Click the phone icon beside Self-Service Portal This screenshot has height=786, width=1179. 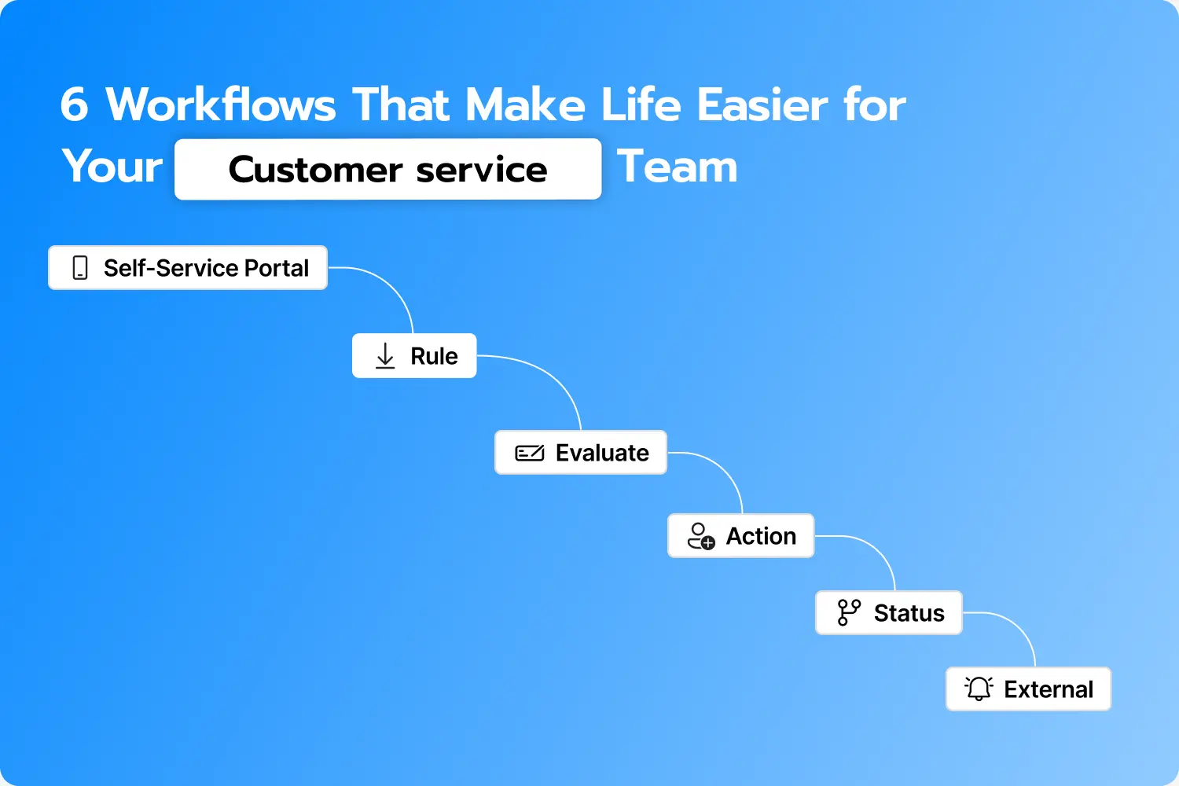[80, 268]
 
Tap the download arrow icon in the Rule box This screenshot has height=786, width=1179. [385, 356]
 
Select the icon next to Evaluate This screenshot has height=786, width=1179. [530, 454]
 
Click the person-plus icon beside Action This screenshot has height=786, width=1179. [701, 536]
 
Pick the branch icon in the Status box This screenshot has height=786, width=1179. [849, 612]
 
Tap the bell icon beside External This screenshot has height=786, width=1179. [979, 689]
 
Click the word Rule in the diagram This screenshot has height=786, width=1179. [434, 356]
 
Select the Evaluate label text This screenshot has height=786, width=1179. [602, 454]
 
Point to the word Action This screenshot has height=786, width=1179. [761, 536]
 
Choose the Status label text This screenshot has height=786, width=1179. [909, 613]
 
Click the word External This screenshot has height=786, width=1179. [1049, 689]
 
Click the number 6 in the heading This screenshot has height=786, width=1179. [74, 105]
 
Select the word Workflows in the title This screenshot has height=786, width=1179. [221, 105]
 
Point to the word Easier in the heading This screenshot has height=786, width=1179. [762, 105]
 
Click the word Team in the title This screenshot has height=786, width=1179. [678, 167]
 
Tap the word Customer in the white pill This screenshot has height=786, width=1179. [315, 170]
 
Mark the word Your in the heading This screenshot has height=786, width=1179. [112, 167]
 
